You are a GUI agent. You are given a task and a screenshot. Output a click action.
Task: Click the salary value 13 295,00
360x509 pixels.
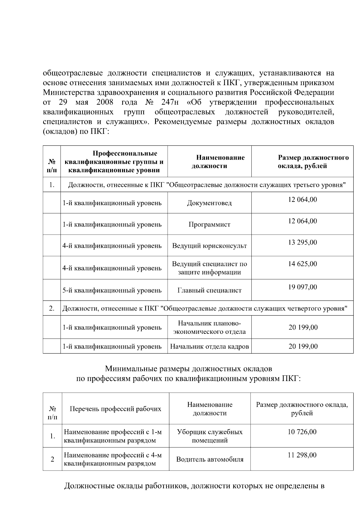[x=302, y=242]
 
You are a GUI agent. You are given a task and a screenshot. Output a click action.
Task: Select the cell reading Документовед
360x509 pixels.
[x=209, y=203]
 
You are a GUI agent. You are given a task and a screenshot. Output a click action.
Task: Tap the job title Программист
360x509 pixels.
[x=209, y=224]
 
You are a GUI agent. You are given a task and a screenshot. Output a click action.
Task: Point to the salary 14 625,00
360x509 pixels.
[x=302, y=264]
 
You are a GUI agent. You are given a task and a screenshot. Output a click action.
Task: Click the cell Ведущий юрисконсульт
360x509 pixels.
[x=209, y=246]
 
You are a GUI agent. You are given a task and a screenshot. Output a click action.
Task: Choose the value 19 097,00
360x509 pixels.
[x=302, y=287]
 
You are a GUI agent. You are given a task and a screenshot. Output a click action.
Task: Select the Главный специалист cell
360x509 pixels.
[x=209, y=290]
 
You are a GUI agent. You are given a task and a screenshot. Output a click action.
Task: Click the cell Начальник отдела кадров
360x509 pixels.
[x=209, y=346]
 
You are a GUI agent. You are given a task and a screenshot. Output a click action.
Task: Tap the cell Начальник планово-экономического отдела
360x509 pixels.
[x=209, y=328]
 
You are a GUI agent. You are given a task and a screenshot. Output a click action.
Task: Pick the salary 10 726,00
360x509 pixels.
[x=302, y=432]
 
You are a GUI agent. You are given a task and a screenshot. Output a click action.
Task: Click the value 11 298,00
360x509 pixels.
[x=302, y=455]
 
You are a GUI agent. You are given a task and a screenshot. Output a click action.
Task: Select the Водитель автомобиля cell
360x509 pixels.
[x=210, y=459]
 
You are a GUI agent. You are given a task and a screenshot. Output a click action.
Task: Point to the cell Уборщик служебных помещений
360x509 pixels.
[x=210, y=436]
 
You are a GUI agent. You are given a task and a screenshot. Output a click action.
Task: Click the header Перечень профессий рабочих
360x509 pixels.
[x=115, y=409]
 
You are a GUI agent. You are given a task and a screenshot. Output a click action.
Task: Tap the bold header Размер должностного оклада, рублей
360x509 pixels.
[x=313, y=162]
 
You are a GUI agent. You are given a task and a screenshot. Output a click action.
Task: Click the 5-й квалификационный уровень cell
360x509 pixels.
[x=112, y=290]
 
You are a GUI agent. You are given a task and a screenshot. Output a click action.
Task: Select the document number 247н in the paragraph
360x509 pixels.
[x=170, y=102]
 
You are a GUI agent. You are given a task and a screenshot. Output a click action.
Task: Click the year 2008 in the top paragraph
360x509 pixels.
[x=105, y=102]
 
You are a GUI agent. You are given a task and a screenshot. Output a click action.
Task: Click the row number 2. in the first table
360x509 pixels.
[x=52, y=309]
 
